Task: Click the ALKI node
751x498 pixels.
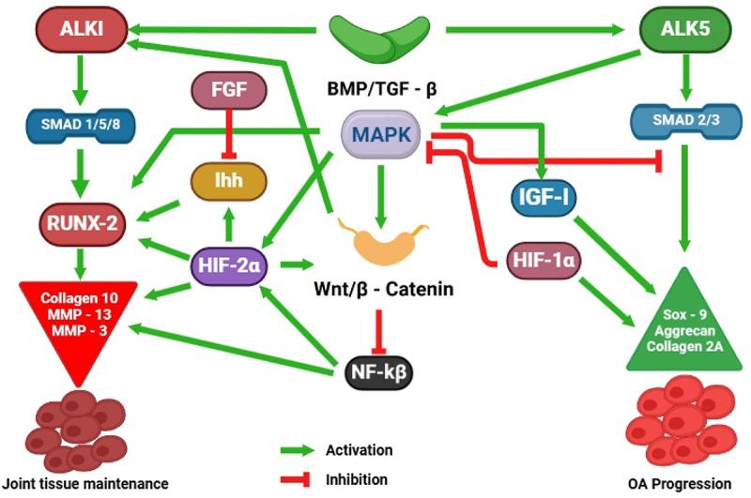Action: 82,29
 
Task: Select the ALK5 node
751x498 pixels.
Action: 685,29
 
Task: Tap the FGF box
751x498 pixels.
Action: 229,90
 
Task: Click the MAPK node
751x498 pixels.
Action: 381,134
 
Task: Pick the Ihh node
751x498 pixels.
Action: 229,181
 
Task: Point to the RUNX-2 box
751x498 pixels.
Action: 83,223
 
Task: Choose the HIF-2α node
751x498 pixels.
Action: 229,265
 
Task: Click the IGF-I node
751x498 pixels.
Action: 544,197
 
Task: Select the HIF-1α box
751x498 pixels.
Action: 544,261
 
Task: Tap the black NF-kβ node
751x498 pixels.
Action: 379,371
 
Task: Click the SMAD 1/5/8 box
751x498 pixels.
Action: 81,126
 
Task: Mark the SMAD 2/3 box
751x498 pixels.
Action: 686,121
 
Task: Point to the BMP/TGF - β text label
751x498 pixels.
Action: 382,89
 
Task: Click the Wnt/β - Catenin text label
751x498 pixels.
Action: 384,289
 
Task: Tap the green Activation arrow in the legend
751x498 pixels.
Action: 297,450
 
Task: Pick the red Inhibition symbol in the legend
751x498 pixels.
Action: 295,479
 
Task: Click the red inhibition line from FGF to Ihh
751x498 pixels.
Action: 229,134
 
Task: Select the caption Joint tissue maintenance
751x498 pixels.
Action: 85,484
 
